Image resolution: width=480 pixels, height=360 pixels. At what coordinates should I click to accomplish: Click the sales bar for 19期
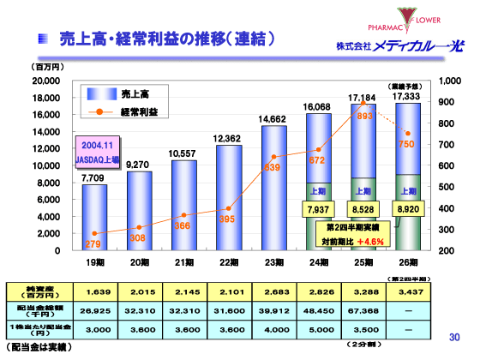point(94,218)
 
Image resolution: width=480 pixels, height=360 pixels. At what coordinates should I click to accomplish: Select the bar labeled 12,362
point(228,197)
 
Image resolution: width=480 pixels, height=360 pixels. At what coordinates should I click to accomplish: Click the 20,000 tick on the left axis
point(45,81)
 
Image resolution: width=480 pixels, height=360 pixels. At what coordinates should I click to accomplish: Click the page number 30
point(454,337)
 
